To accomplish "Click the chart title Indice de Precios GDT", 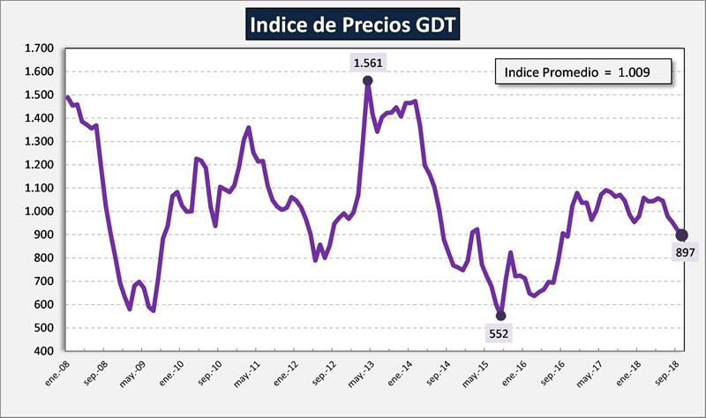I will point(353,25).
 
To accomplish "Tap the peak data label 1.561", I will point(366,63).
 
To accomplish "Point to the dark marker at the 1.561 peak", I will point(367,81).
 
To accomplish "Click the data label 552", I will point(499,332).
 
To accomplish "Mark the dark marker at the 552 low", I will point(500,315).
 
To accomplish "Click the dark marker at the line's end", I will point(681,235).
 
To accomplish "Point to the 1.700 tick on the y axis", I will point(41,49).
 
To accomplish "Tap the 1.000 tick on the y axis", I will point(41,212).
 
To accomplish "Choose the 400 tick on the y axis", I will point(44,351).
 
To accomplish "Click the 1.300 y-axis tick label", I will point(41,142).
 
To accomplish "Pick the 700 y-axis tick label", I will point(44,281).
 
